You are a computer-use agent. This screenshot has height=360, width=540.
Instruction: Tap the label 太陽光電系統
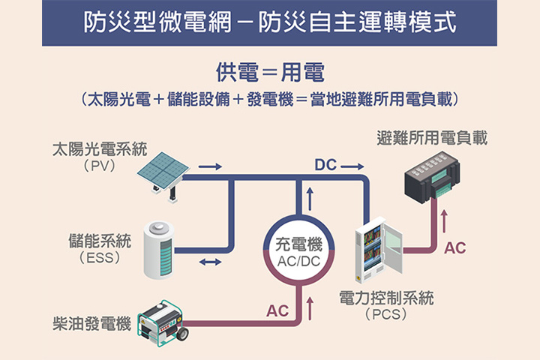coord(99,148)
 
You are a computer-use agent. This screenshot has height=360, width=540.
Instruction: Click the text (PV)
coord(100,165)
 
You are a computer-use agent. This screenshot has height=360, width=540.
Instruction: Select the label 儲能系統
coord(99,241)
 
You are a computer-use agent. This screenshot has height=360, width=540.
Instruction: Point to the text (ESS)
coord(99,257)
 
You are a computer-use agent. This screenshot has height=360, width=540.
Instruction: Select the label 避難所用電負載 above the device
coord(432,137)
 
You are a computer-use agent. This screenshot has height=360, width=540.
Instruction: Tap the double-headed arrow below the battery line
coord(211,262)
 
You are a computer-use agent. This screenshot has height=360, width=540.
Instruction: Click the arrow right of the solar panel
coord(211,166)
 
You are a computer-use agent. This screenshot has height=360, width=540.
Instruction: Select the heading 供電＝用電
coord(269,73)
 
